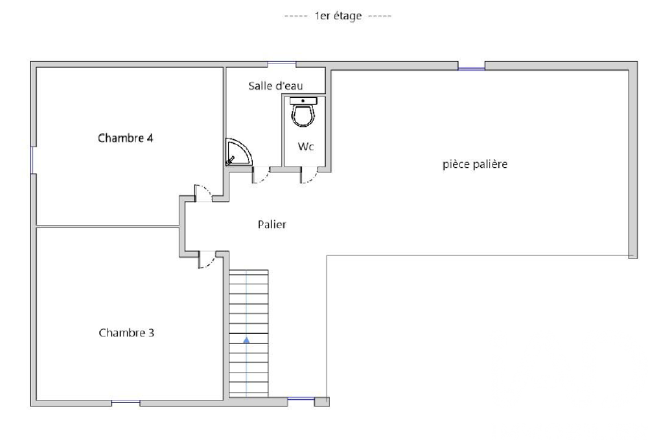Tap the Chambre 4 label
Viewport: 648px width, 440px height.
tap(125, 138)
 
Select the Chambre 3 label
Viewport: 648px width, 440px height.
tap(126, 333)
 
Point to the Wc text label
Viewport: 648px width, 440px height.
tap(306, 147)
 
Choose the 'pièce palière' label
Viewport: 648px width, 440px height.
tap(474, 164)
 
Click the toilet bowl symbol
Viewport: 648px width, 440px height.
tap(303, 115)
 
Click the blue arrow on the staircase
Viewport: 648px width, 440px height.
tap(246, 338)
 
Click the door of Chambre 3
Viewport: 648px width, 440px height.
tap(206, 260)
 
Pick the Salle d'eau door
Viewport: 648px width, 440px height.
tap(260, 176)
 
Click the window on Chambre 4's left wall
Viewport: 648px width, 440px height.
tap(32, 159)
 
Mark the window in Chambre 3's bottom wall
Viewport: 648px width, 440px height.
tap(125, 403)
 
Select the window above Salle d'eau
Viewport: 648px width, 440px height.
tap(282, 63)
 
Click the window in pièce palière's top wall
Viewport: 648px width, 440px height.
tap(471, 67)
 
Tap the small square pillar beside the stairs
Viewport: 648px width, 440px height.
tap(321, 402)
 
